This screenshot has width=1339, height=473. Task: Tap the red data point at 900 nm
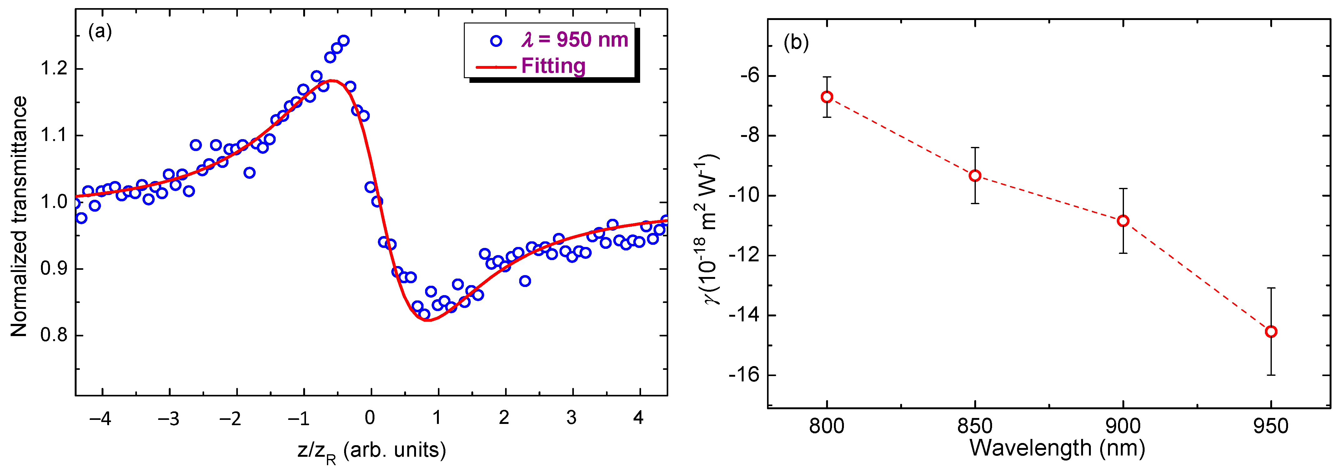tap(1123, 221)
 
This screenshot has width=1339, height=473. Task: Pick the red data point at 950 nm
tap(1271, 332)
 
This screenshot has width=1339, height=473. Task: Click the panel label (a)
tap(100, 32)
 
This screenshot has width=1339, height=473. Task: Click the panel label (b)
tap(796, 43)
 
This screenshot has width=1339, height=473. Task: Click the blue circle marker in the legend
tap(496, 41)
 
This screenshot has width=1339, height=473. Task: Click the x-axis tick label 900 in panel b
tap(1123, 426)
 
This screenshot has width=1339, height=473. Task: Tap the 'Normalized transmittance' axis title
tap(20, 216)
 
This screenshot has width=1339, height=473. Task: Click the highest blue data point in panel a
tap(343, 41)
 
